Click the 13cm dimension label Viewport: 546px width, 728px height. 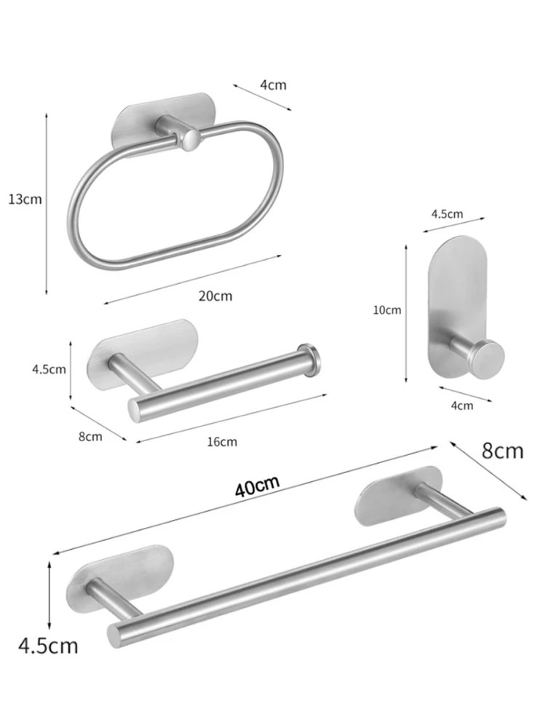click(25, 199)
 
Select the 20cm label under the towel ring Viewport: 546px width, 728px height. click(215, 296)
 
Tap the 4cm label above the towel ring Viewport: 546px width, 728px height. click(273, 85)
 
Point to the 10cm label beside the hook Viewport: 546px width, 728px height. click(387, 309)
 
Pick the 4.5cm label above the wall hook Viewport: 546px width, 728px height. click(447, 214)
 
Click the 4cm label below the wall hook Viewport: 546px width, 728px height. click(462, 405)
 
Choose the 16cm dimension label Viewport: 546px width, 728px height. click(222, 442)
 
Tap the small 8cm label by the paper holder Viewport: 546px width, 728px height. click(90, 437)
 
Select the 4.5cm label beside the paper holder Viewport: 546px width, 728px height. click(49, 370)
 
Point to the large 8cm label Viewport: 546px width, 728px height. click(502, 451)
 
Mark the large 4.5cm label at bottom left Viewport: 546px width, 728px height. click(48, 645)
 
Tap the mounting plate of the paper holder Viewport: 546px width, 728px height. click(143, 348)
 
